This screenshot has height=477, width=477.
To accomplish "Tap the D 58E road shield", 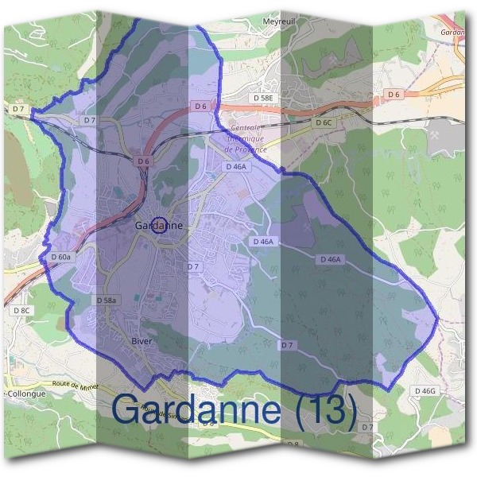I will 263,97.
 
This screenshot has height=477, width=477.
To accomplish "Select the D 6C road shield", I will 322,123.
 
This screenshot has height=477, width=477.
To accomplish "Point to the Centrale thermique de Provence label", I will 246,138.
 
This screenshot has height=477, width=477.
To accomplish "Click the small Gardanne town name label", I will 159,226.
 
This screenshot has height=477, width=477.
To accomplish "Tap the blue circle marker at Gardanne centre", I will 159,226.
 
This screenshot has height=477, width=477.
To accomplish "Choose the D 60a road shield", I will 61,257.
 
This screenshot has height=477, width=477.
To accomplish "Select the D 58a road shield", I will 107,301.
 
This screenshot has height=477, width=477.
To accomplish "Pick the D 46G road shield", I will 425,391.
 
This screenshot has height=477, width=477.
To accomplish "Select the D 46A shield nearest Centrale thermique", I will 237,167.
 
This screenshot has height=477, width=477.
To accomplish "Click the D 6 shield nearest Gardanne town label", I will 143,161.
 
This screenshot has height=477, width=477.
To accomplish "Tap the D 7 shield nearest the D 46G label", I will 367,427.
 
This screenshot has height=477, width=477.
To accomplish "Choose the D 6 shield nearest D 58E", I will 200,106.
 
